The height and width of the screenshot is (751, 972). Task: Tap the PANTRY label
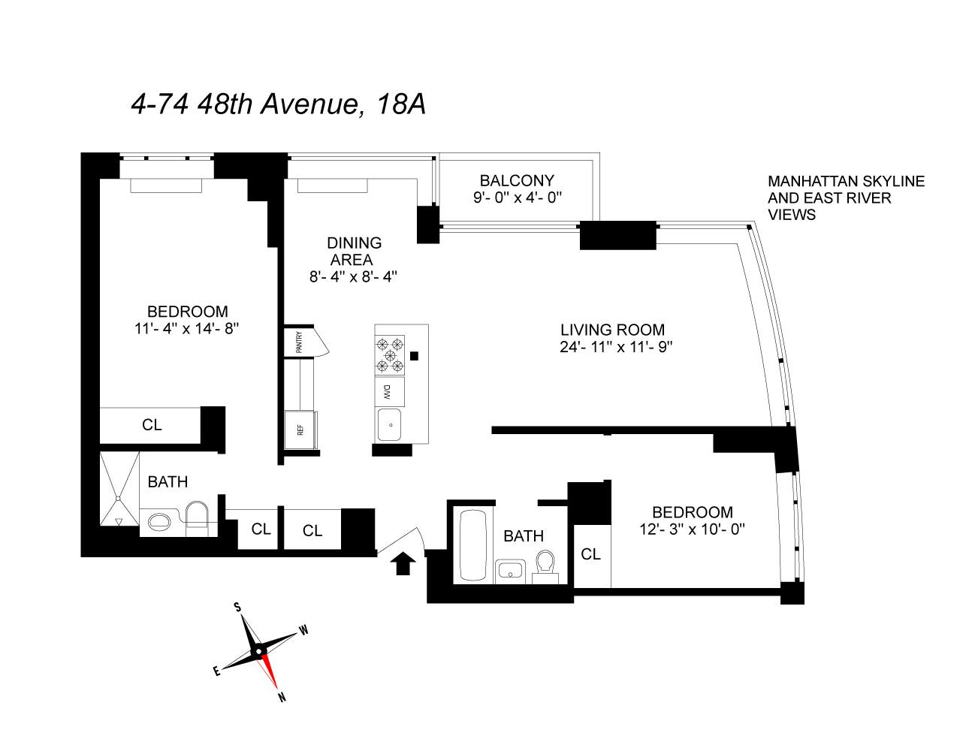point(299,342)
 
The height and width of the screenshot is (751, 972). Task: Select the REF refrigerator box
point(300,430)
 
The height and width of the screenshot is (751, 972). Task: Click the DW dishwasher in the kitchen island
point(389,392)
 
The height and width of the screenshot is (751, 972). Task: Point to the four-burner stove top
point(390,354)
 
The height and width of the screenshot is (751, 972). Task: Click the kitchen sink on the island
point(389,425)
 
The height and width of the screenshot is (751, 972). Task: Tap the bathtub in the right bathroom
point(473,546)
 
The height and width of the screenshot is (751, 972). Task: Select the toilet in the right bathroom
point(545,565)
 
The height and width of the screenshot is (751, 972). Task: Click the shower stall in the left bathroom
point(119,488)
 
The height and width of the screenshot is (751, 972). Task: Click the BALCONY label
point(517,181)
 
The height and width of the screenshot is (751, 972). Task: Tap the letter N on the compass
point(282,697)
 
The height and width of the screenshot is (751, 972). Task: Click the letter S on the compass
point(238,607)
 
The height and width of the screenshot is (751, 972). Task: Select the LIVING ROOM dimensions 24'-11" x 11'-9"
point(615,347)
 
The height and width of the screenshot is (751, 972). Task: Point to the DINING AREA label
point(353,251)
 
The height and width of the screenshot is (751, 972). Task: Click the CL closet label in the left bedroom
point(152,425)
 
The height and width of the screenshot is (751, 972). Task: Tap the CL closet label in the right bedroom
point(591,554)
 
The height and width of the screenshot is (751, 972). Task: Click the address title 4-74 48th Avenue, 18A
point(278,104)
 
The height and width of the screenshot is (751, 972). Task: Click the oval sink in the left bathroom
point(159,521)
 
